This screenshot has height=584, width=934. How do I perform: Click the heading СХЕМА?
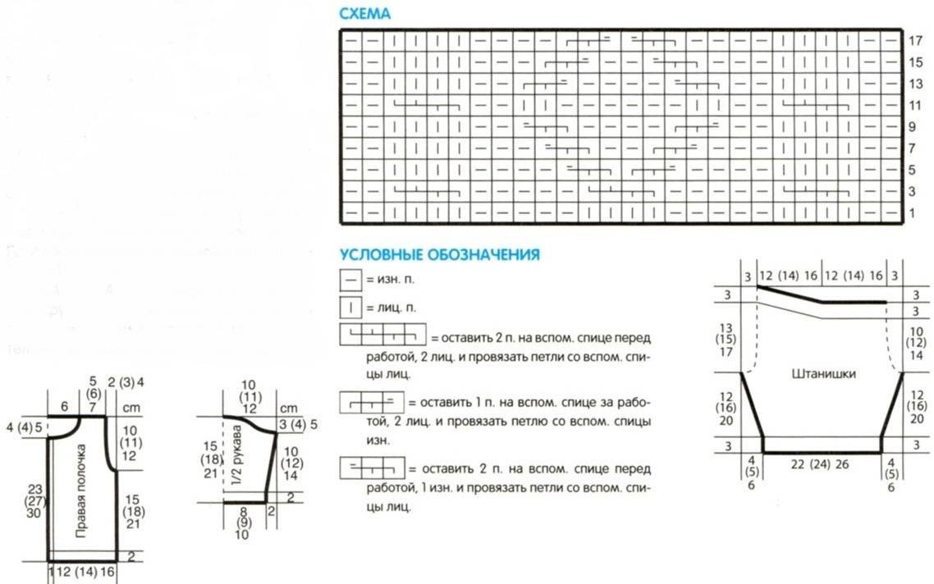point(364,14)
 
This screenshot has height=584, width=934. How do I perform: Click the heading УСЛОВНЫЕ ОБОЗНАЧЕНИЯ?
point(439,255)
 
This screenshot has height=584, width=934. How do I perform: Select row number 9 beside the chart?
point(913,127)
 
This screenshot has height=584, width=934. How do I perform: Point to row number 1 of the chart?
point(913,213)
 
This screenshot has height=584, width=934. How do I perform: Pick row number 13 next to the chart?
point(916,84)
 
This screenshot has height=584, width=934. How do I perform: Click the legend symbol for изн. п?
point(350,280)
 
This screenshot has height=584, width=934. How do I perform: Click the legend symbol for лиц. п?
point(350,309)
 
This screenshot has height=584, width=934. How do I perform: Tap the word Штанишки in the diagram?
point(824,374)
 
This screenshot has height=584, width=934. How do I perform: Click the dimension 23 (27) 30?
point(34,501)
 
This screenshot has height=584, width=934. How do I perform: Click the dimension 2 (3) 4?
point(126,381)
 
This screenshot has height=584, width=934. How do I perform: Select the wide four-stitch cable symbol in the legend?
point(382,336)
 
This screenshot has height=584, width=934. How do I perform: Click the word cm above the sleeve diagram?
point(287,408)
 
